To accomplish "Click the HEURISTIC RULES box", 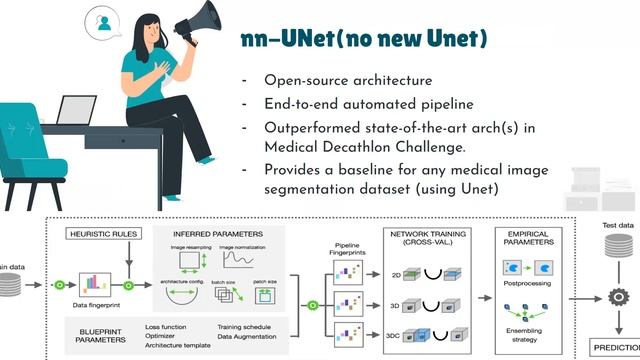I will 104,233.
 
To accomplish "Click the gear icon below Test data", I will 616,297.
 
